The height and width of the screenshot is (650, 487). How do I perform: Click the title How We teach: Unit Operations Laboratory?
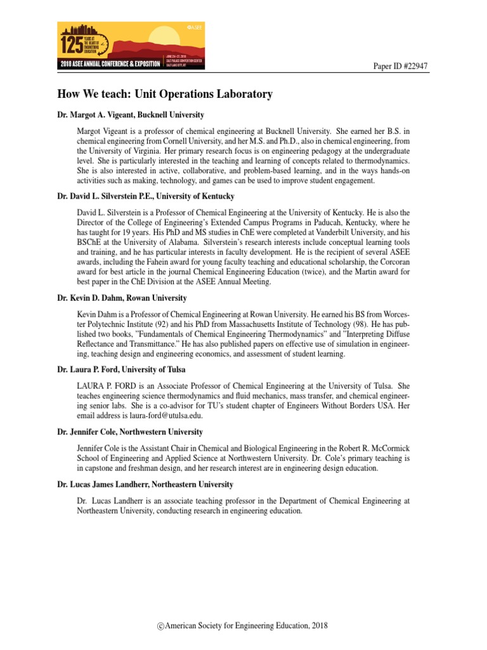[x=165, y=94]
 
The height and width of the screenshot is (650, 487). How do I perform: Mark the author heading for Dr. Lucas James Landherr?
[x=145, y=484]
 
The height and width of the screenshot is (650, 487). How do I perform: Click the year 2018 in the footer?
[x=319, y=627]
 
